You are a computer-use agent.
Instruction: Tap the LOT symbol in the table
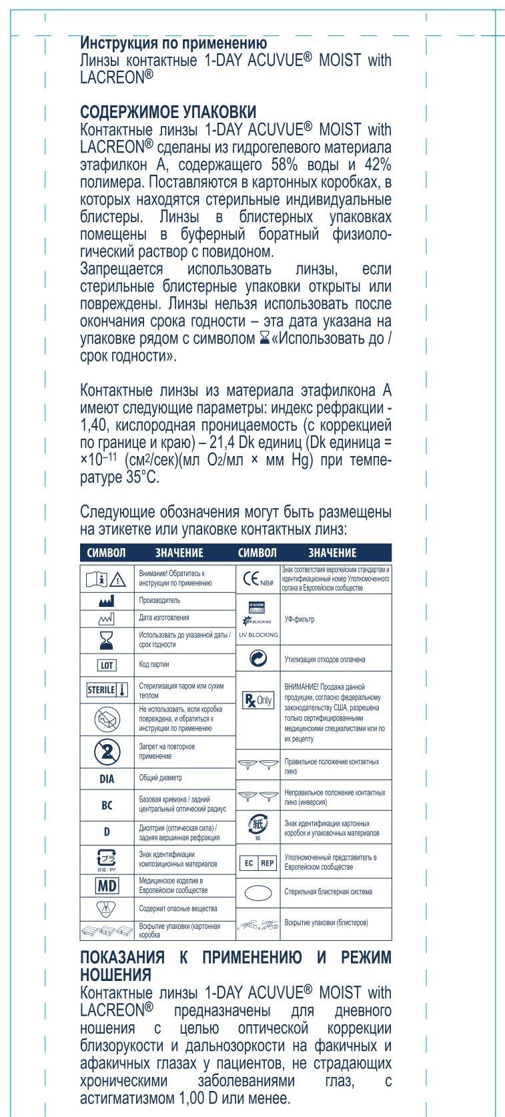click(x=107, y=665)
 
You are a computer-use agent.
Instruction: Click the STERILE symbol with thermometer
click(x=107, y=690)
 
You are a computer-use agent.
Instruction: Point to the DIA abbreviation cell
click(x=107, y=778)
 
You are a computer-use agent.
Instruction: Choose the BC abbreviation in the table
click(x=107, y=805)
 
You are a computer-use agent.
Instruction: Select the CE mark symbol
click(x=257, y=580)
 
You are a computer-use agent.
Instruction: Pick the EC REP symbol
click(x=257, y=863)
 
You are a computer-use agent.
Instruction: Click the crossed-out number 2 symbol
click(x=107, y=752)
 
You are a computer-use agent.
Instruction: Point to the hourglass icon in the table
click(x=107, y=640)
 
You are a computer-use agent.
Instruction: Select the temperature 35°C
click(x=144, y=478)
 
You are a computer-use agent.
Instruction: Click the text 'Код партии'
click(x=154, y=665)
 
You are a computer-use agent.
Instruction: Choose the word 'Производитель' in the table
click(x=159, y=600)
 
